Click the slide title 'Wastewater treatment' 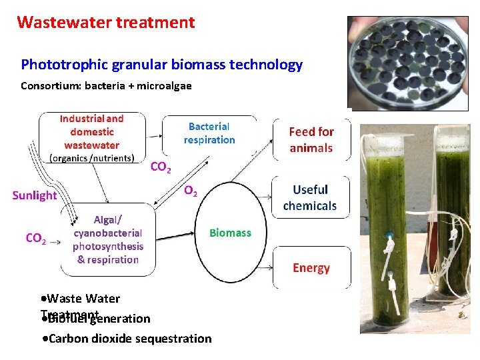(x=106, y=23)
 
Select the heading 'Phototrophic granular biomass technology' (x=161, y=65)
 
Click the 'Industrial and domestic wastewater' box (x=92, y=137)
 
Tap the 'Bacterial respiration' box (x=209, y=133)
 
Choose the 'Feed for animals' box (x=311, y=140)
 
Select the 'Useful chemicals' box (x=311, y=198)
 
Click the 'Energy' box (x=311, y=268)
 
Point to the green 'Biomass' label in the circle (x=230, y=233)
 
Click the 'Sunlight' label (x=35, y=195)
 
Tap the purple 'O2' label (x=190, y=191)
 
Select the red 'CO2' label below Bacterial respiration (x=161, y=167)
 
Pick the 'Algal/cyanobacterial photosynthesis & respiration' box (x=108, y=240)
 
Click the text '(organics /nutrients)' (x=92, y=159)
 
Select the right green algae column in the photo (x=454, y=213)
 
